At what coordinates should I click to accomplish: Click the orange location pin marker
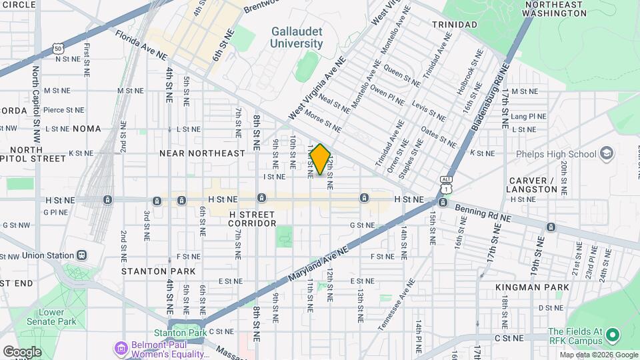pyautogui.click(x=320, y=159)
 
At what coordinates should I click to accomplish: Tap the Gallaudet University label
pyautogui.click(x=297, y=37)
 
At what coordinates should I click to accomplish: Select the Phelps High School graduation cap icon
pyautogui.click(x=606, y=154)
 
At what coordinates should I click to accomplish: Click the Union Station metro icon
pyautogui.click(x=82, y=255)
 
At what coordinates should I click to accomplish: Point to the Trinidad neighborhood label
pyautogui.click(x=455, y=25)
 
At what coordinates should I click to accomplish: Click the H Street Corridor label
pyautogui.click(x=251, y=219)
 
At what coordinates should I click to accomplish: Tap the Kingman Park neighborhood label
pyautogui.click(x=532, y=287)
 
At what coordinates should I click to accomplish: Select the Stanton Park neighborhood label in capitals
pyautogui.click(x=159, y=271)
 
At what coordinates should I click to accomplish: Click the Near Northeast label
pyautogui.click(x=202, y=153)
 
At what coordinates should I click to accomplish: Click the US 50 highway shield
pyautogui.click(x=59, y=49)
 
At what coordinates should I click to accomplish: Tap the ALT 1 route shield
pyautogui.click(x=446, y=184)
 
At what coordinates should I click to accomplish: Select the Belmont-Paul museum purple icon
pyautogui.click(x=120, y=347)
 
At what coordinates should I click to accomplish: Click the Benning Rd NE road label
pyautogui.click(x=483, y=213)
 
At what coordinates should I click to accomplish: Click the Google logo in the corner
pyautogui.click(x=22, y=352)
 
